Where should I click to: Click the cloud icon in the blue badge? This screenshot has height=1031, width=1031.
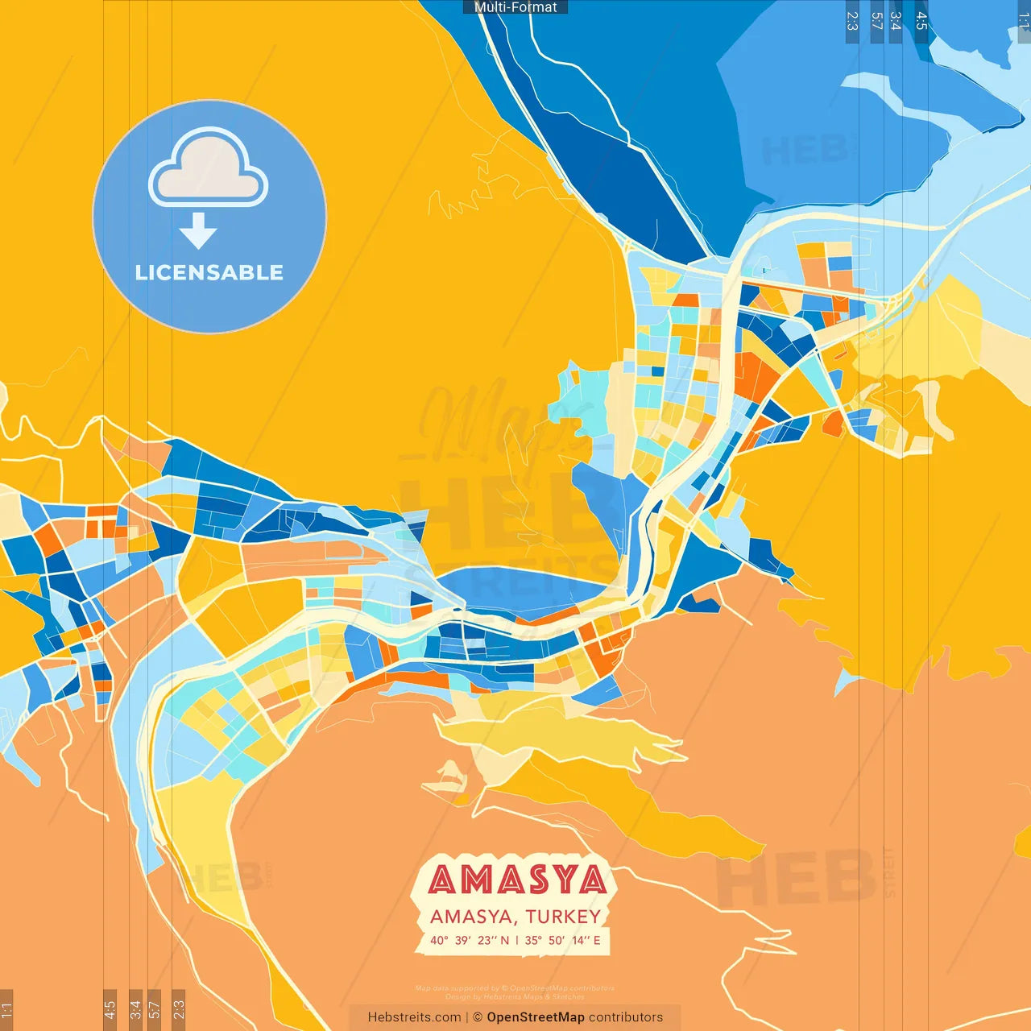click(x=208, y=167)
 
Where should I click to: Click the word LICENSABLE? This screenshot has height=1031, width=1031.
click(x=209, y=273)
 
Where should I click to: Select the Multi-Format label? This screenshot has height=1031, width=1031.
click(x=515, y=7)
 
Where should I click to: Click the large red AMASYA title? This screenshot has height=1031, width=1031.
click(x=517, y=880)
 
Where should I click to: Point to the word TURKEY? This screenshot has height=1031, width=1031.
click(x=563, y=917)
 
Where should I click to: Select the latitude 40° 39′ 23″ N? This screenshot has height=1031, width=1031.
click(x=470, y=940)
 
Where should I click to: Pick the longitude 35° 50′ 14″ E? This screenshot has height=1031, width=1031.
click(x=563, y=940)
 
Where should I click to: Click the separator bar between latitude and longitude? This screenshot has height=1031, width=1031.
click(x=517, y=940)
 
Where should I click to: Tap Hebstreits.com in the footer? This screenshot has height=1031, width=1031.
click(x=414, y=1017)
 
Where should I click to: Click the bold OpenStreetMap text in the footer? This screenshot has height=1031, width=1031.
click(x=536, y=1017)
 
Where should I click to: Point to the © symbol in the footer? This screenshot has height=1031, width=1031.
click(x=478, y=1017)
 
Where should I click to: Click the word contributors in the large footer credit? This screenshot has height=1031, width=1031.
click(x=626, y=1017)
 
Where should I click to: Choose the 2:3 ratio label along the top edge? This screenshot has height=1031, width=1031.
click(x=852, y=21)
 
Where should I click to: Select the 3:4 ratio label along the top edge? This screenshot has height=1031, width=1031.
click(x=896, y=21)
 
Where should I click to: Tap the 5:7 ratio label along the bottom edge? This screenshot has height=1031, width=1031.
click(x=155, y=1008)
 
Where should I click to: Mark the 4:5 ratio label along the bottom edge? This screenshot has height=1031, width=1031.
click(x=110, y=1008)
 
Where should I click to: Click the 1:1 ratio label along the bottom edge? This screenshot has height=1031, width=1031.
click(x=6, y=1008)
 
